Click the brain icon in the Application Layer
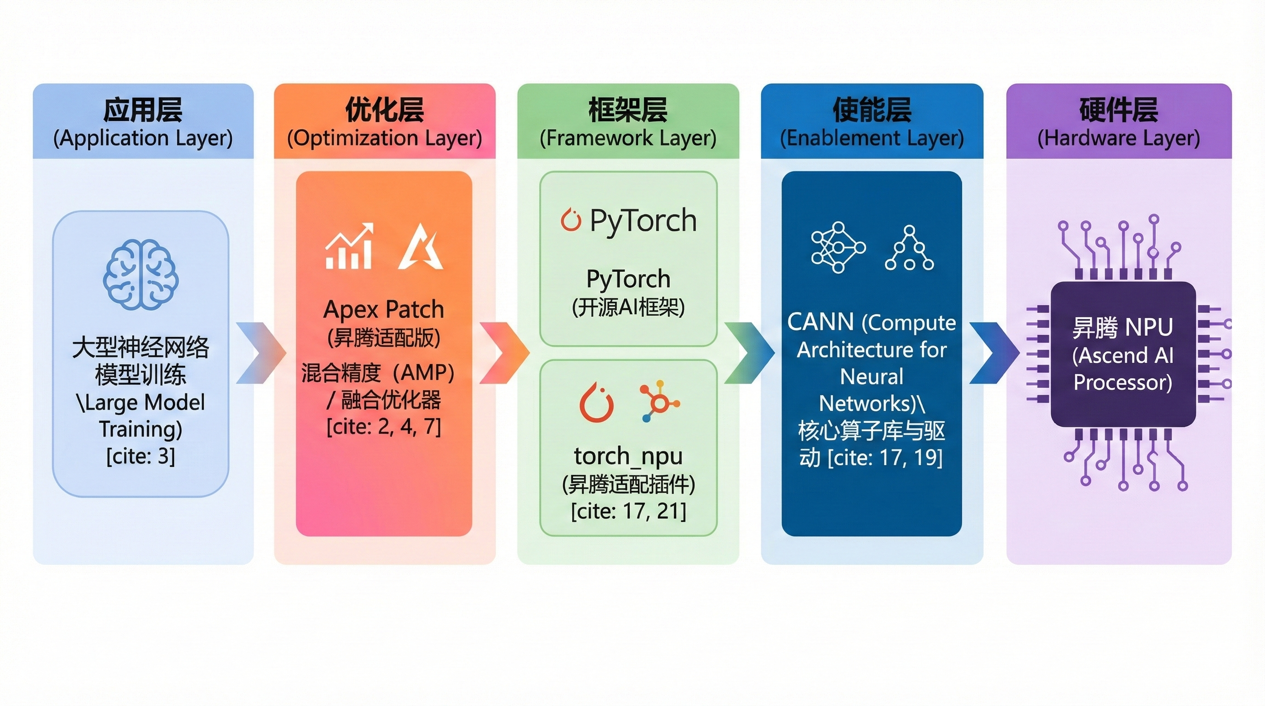(x=141, y=274)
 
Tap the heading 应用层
(x=142, y=110)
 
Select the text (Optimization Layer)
(x=384, y=138)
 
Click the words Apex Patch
(x=383, y=309)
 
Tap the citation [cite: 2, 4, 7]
(x=383, y=426)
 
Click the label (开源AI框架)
(x=628, y=307)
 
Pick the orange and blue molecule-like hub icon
(x=659, y=402)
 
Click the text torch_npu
(x=628, y=455)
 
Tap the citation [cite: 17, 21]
(x=628, y=511)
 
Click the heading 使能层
(x=872, y=110)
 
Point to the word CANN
(x=820, y=323)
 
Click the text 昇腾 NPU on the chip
(x=1122, y=327)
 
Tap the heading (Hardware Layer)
(x=1118, y=138)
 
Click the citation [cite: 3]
(x=141, y=456)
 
